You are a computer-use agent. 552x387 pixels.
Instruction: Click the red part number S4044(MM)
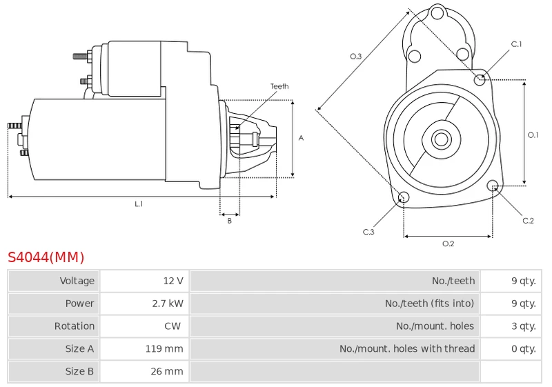click(46, 257)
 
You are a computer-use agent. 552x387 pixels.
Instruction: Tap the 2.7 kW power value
click(168, 304)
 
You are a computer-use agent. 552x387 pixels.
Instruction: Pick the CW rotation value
click(172, 326)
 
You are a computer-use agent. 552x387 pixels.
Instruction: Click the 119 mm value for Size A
click(164, 348)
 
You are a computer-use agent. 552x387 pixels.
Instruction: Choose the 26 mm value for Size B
click(167, 371)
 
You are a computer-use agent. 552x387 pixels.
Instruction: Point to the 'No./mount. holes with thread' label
click(407, 348)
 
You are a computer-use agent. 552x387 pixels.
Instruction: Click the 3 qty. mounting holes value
click(524, 326)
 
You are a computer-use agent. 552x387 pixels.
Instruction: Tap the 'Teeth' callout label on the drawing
click(279, 86)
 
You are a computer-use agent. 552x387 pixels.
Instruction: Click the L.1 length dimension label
click(139, 204)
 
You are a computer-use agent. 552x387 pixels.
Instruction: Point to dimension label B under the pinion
click(230, 221)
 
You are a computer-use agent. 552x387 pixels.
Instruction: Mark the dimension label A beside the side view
click(301, 138)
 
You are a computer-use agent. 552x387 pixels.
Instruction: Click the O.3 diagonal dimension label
click(355, 57)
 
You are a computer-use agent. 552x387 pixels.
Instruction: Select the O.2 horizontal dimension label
click(448, 244)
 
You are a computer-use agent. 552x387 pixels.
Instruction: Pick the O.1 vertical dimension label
click(533, 135)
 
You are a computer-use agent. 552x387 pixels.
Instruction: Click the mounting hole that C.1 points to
click(480, 80)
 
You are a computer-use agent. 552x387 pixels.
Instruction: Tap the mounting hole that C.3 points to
click(404, 197)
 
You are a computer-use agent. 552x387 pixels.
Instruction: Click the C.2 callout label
click(528, 221)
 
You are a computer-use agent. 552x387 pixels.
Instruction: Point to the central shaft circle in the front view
click(441, 139)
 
